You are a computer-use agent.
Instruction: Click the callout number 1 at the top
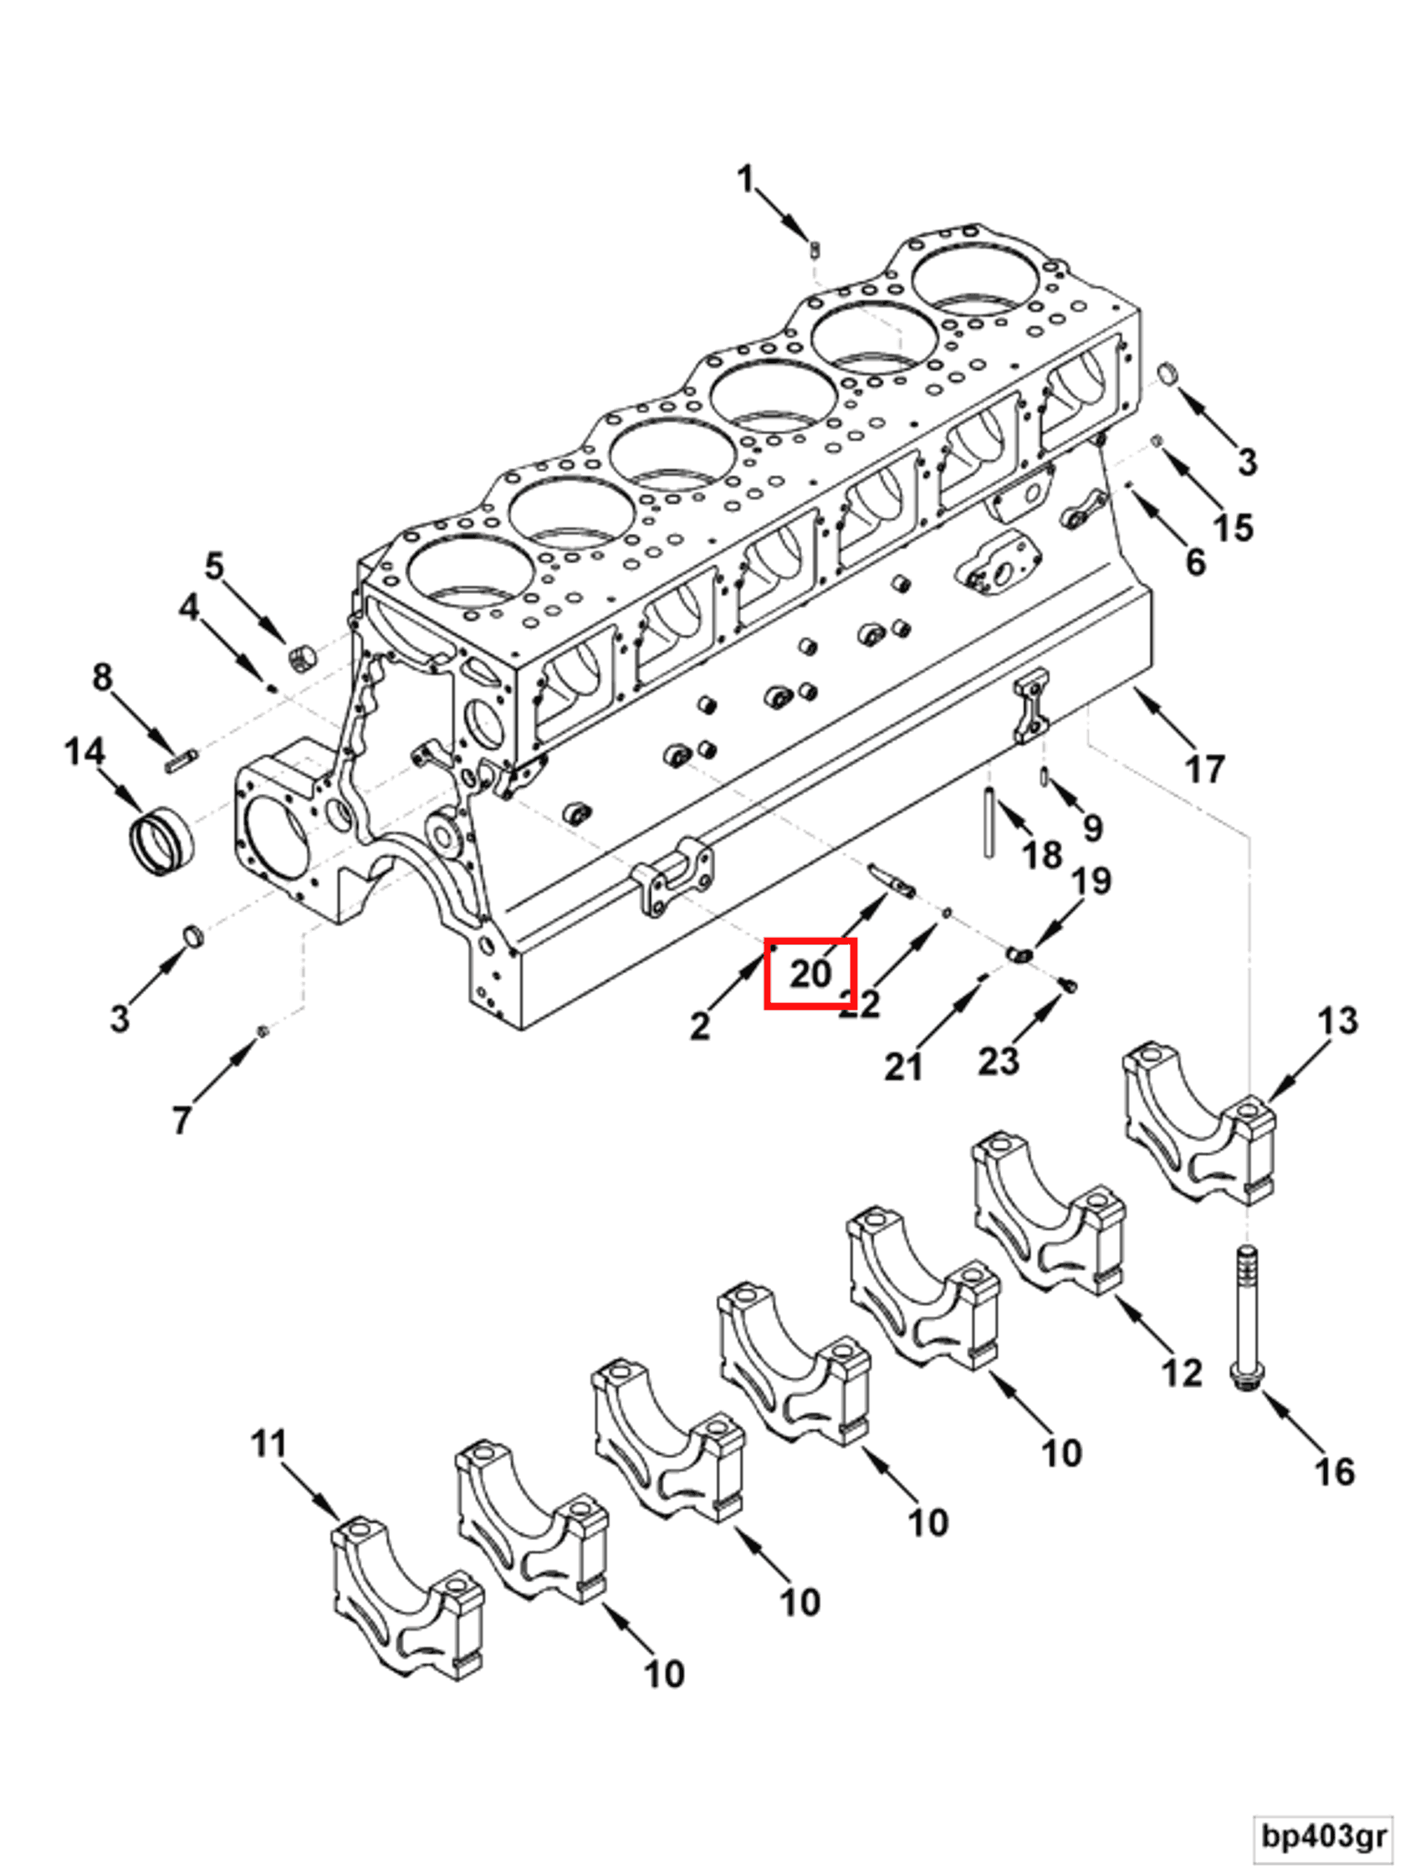click(x=744, y=180)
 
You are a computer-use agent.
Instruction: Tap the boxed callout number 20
click(x=810, y=973)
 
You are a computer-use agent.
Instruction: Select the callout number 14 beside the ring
click(x=84, y=751)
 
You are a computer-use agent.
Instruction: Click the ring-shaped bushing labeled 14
click(x=161, y=842)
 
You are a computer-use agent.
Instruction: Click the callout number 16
click(x=1334, y=1472)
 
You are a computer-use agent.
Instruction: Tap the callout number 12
click(x=1182, y=1373)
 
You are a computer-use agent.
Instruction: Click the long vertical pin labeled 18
click(x=989, y=822)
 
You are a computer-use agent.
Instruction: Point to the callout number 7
click(x=181, y=1119)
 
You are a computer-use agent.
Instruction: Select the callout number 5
click(x=214, y=566)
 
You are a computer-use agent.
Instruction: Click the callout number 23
click(x=999, y=1061)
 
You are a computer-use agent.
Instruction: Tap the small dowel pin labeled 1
click(x=814, y=250)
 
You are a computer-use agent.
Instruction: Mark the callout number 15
click(x=1233, y=527)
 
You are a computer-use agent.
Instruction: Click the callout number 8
click(x=102, y=677)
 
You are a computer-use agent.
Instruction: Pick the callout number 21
click(x=902, y=1067)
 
